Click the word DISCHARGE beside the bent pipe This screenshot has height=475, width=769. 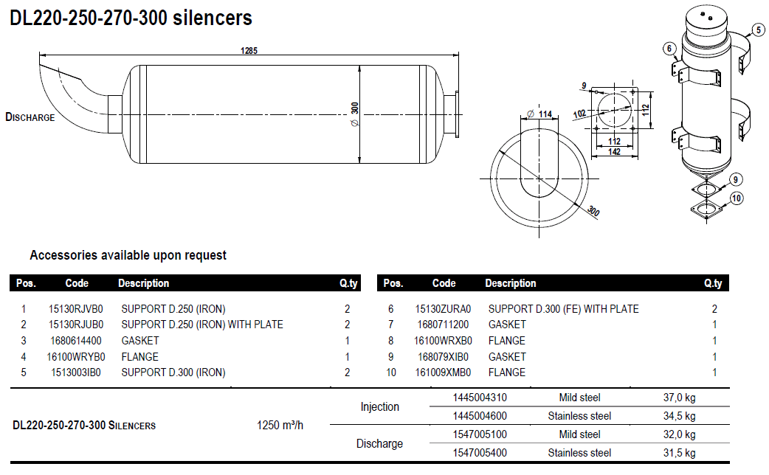[x=30, y=117]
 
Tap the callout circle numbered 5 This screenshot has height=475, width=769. [x=757, y=30]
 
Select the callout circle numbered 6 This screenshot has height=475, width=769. [x=669, y=49]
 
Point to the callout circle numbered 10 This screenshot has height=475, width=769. [x=737, y=198]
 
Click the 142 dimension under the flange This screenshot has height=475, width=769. [x=614, y=151]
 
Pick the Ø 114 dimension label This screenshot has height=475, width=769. [x=540, y=114]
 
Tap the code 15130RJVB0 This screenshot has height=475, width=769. [x=76, y=309]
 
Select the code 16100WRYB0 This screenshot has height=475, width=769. [x=76, y=357]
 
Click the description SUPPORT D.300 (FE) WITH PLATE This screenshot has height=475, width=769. [x=563, y=309]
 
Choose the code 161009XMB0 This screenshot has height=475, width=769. [x=443, y=372]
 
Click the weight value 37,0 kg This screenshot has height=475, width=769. [x=679, y=398]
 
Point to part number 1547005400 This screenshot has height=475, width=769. [x=480, y=453]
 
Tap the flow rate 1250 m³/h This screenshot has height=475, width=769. [x=280, y=426]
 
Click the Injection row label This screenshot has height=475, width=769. [x=379, y=407]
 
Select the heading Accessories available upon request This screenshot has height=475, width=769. [x=128, y=255]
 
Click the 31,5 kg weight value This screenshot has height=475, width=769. [x=679, y=453]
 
